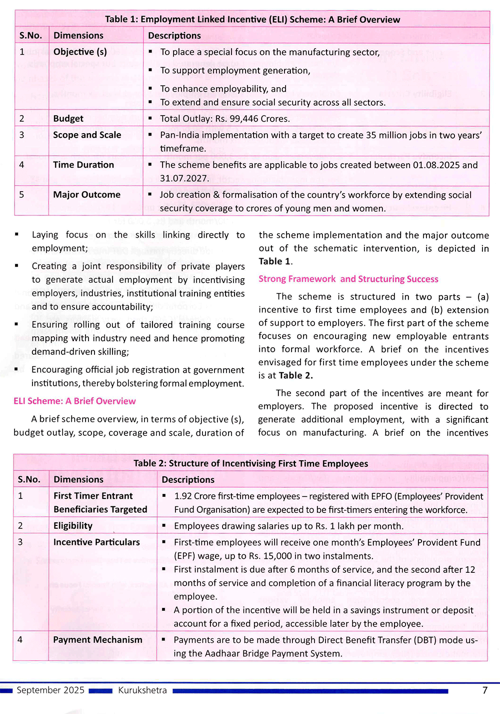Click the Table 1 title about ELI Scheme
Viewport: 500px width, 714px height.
(x=252, y=20)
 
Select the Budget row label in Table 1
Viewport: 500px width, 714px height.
(x=68, y=119)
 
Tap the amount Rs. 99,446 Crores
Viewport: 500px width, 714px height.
(x=252, y=119)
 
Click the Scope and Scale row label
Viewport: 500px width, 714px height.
(x=87, y=135)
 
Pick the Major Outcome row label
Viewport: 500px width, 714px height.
(x=86, y=195)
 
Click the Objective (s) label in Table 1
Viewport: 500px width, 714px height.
(x=80, y=52)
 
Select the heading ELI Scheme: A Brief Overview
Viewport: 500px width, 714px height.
(x=74, y=401)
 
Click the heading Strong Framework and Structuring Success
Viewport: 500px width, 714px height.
(x=348, y=279)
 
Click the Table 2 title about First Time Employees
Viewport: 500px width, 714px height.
(x=250, y=463)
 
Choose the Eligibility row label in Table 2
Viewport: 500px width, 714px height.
(x=73, y=525)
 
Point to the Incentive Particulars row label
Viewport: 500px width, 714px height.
(x=96, y=542)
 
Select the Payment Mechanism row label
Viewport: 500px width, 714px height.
(x=97, y=639)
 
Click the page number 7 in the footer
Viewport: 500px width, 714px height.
(x=484, y=690)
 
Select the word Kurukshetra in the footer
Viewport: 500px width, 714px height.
(x=142, y=690)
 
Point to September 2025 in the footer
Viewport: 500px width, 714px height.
(x=50, y=690)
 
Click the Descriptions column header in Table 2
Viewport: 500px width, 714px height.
(x=188, y=479)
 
